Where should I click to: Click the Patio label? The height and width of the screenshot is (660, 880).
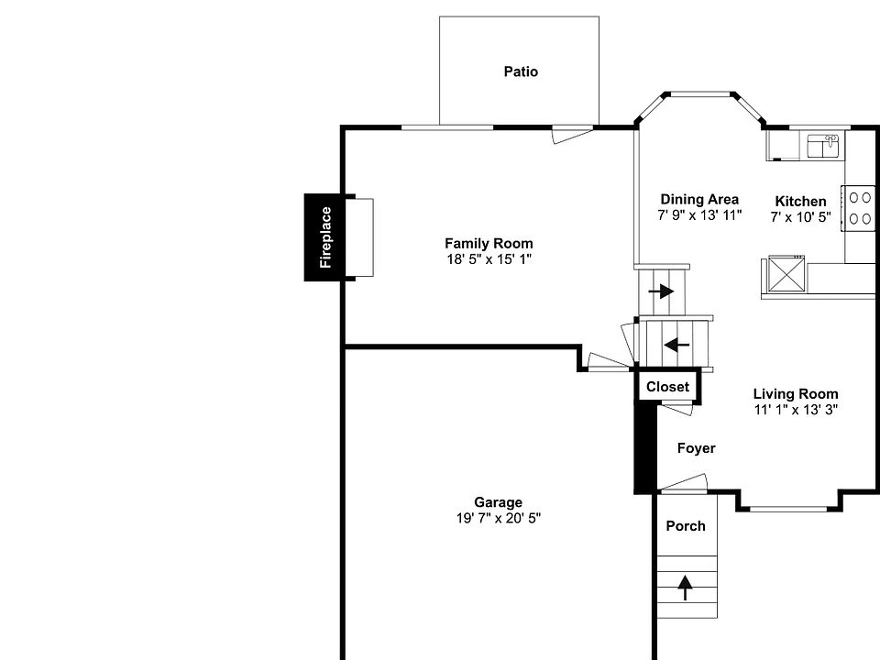tap(521, 71)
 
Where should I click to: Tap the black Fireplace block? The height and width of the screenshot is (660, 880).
tap(324, 237)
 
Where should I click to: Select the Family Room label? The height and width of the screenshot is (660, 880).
tap(489, 243)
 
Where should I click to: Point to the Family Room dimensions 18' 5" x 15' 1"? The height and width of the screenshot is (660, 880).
tap(489, 259)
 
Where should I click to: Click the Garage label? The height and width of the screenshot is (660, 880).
tap(498, 501)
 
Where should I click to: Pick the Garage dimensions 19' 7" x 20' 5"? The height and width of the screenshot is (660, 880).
tap(498, 518)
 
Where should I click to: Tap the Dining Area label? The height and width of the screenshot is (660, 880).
tap(699, 199)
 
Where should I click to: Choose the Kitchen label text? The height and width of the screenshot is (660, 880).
tap(800, 201)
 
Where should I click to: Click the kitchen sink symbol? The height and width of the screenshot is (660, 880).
tap(823, 145)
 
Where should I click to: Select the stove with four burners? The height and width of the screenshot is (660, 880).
tap(860, 208)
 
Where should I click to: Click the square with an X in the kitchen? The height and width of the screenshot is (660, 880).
tap(786, 274)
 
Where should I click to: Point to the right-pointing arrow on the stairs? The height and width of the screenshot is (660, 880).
tap(661, 291)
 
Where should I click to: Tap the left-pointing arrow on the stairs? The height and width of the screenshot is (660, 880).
tap(677, 345)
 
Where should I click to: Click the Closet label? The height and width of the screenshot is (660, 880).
tap(667, 387)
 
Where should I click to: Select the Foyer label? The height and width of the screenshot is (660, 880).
tap(696, 448)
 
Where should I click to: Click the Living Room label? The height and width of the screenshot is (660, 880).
tap(796, 394)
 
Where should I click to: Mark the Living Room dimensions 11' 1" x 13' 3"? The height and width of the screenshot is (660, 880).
tap(796, 410)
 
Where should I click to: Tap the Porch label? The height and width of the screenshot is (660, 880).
tap(686, 525)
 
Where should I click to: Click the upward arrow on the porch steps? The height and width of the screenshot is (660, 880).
tap(686, 586)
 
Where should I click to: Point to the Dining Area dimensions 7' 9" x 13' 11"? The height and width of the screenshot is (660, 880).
tap(699, 215)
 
